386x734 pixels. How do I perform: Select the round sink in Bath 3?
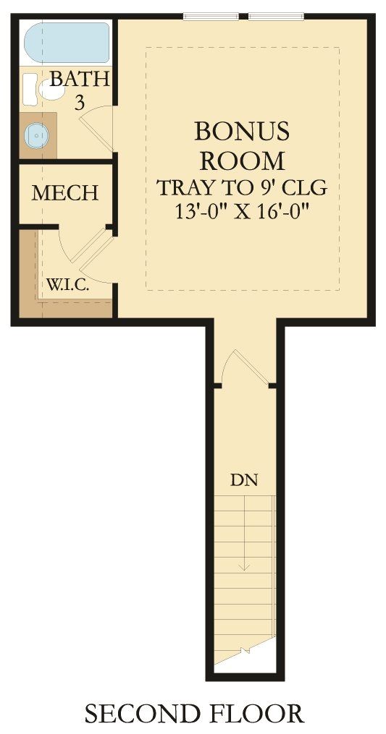[35, 135]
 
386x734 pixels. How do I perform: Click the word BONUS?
[242, 131]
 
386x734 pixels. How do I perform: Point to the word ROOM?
[242, 159]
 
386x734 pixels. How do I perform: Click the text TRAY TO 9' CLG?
[242, 187]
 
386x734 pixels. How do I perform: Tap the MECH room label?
[65, 193]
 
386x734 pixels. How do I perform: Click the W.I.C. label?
[68, 284]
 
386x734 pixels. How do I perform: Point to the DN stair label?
[244, 479]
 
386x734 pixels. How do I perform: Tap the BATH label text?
[79, 79]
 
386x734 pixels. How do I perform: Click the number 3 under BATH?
[80, 103]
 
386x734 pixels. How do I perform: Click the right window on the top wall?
[277, 16]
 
